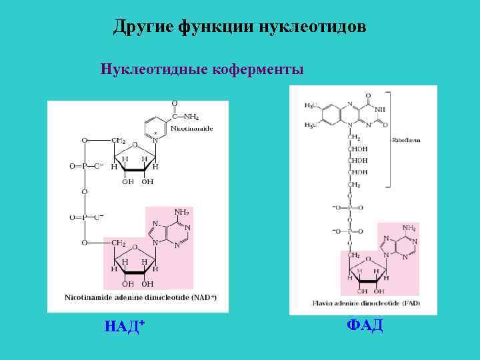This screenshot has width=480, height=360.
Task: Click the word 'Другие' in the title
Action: (x=142, y=27)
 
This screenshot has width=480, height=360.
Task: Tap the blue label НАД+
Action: (x=125, y=326)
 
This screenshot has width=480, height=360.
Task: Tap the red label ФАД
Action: (x=365, y=325)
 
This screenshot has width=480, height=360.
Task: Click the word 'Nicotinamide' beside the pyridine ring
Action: (x=191, y=128)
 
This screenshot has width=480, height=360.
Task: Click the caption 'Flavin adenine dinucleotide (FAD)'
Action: (x=356, y=304)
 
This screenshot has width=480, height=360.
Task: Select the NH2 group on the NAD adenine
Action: (x=181, y=212)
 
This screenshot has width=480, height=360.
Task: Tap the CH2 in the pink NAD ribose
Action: (x=119, y=243)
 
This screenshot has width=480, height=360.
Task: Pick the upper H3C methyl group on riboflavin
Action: (x=311, y=106)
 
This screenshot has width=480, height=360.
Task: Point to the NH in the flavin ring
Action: (x=381, y=109)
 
